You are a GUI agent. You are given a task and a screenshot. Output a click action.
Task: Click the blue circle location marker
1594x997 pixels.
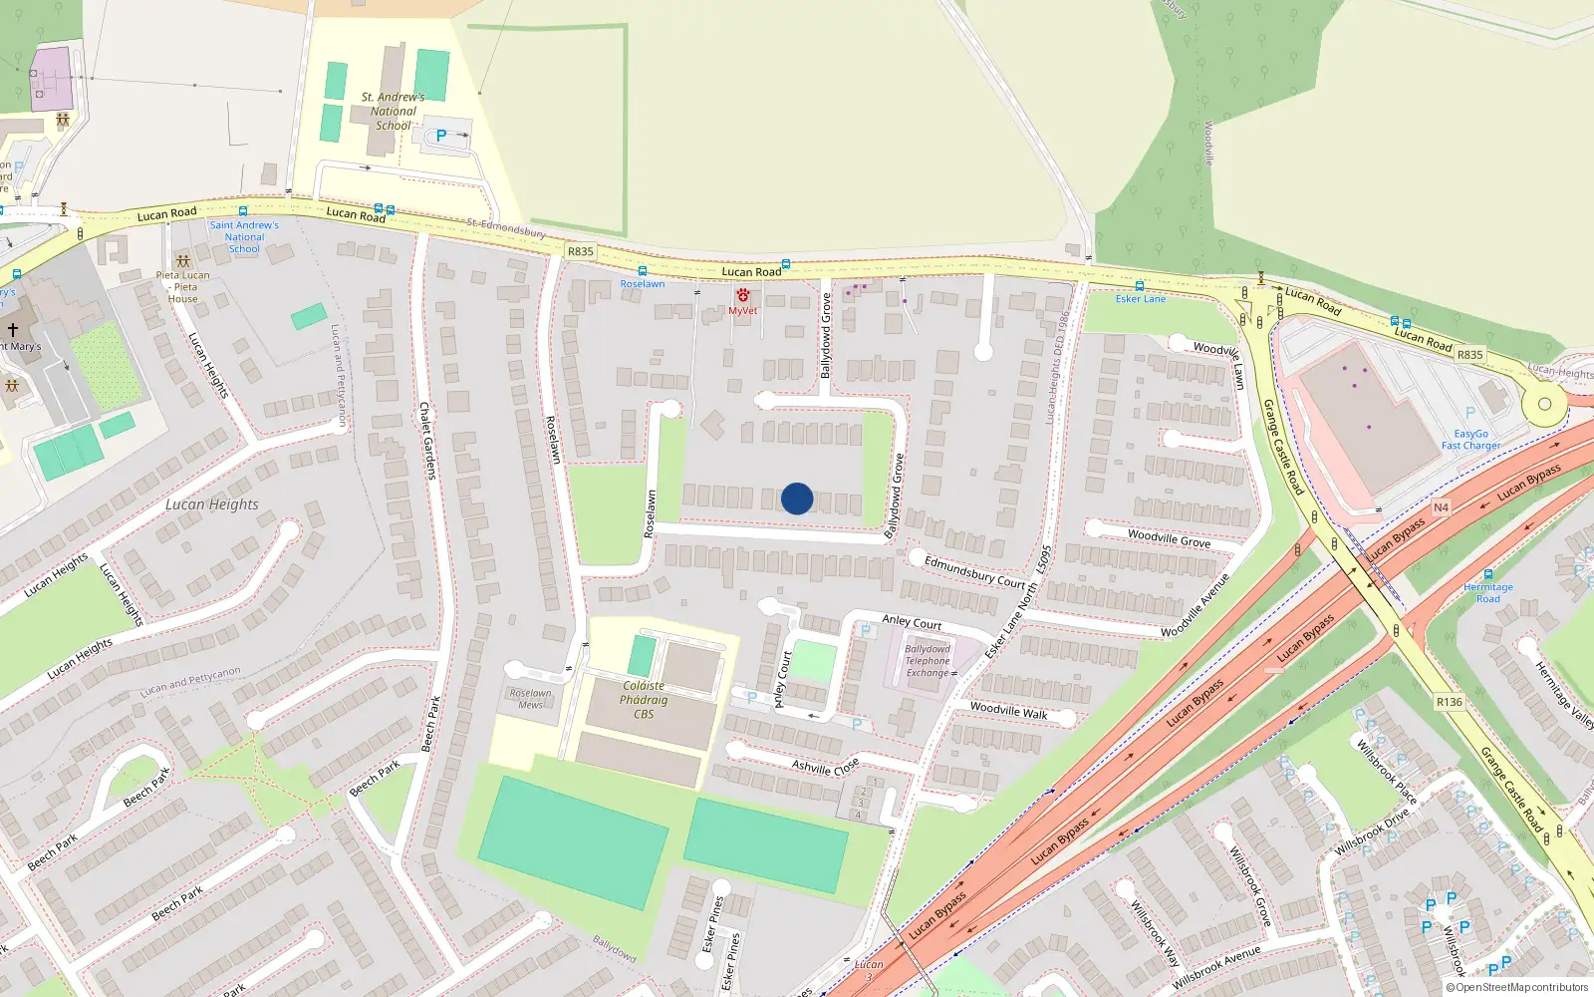[x=797, y=498]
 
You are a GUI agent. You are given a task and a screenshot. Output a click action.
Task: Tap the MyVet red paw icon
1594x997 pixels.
[x=743, y=295]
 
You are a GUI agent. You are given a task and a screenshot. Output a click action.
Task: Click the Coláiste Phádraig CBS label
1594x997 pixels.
[x=644, y=700]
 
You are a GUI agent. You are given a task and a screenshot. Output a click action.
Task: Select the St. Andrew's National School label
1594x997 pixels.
[x=393, y=111]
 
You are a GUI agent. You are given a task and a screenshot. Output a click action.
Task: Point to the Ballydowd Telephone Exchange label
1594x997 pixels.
[x=928, y=661]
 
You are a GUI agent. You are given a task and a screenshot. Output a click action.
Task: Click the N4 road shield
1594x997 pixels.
[x=1441, y=507]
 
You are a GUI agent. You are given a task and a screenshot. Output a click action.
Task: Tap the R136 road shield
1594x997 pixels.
[x=1450, y=702]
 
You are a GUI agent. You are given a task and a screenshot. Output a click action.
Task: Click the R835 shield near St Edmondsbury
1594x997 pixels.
[x=580, y=251]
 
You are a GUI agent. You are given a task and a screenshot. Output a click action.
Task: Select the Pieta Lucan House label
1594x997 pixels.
[x=183, y=286]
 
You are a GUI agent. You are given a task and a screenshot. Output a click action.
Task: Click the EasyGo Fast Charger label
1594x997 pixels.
[x=1470, y=440]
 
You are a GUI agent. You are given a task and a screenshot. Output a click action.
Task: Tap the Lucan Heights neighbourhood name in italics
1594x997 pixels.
[x=211, y=504]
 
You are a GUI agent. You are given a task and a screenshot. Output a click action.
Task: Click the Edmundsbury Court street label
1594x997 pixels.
[x=974, y=571]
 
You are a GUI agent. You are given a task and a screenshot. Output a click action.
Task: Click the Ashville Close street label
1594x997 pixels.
[x=825, y=767]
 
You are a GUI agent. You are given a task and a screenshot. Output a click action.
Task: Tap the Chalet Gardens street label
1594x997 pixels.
[x=427, y=440]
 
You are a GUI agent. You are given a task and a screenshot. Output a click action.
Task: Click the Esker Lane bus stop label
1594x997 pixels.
[x=1140, y=299]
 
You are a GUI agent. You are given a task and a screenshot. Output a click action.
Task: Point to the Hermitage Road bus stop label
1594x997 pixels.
[x=1487, y=593]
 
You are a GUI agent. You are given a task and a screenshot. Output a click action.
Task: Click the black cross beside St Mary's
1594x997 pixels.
[x=13, y=328]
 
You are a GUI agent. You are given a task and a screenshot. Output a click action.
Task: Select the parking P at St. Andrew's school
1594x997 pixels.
[x=440, y=136]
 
